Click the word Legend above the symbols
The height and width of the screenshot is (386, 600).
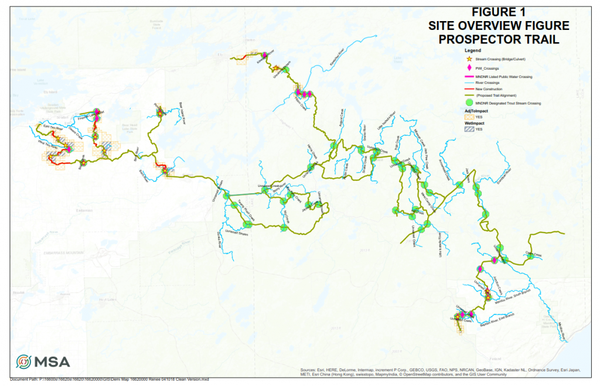click(x=472, y=51)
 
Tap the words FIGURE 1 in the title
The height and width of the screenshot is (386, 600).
click(x=499, y=12)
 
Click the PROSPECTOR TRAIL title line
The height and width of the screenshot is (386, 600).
click(x=499, y=39)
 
